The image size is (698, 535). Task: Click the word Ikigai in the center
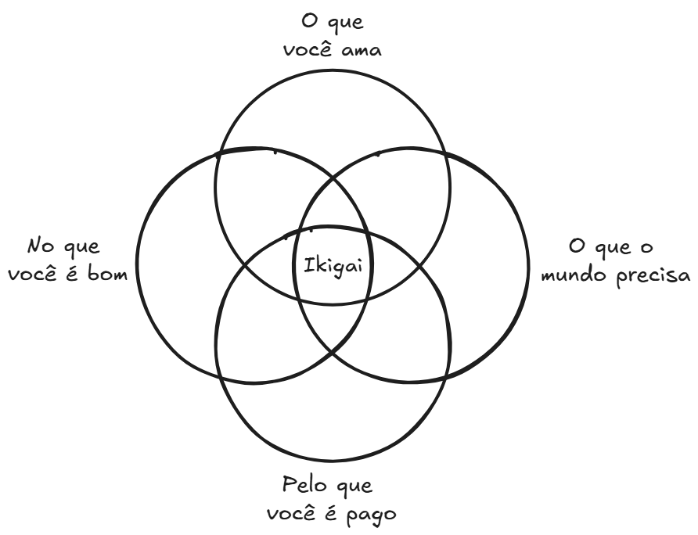click(333, 267)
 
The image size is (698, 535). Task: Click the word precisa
click(653, 276)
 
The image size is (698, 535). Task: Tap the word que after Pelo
click(354, 486)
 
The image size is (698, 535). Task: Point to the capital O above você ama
click(308, 21)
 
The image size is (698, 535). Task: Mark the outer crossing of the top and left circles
click(217, 156)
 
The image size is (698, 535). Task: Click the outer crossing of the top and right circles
click(447, 153)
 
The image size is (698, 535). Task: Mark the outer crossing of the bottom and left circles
click(220, 378)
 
